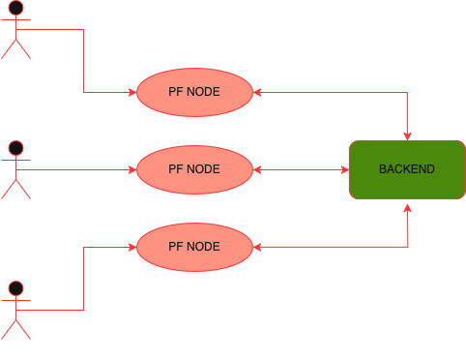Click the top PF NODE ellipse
click(193, 92)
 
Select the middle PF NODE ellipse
click(193, 169)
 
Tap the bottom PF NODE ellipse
click(193, 247)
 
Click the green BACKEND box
click(406, 169)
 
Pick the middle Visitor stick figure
click(15, 174)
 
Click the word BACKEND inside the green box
click(406, 169)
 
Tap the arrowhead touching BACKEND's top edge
click(407, 135)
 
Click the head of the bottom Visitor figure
click(15, 287)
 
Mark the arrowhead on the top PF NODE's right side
click(256, 92)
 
